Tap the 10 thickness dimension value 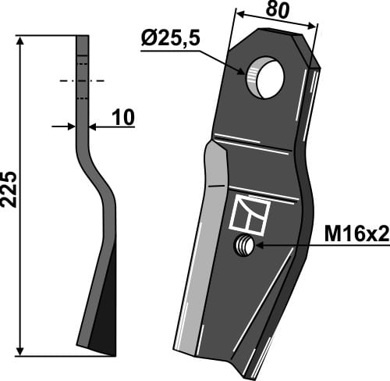(122, 117)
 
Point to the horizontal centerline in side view (82, 81)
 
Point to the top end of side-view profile (83, 37)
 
